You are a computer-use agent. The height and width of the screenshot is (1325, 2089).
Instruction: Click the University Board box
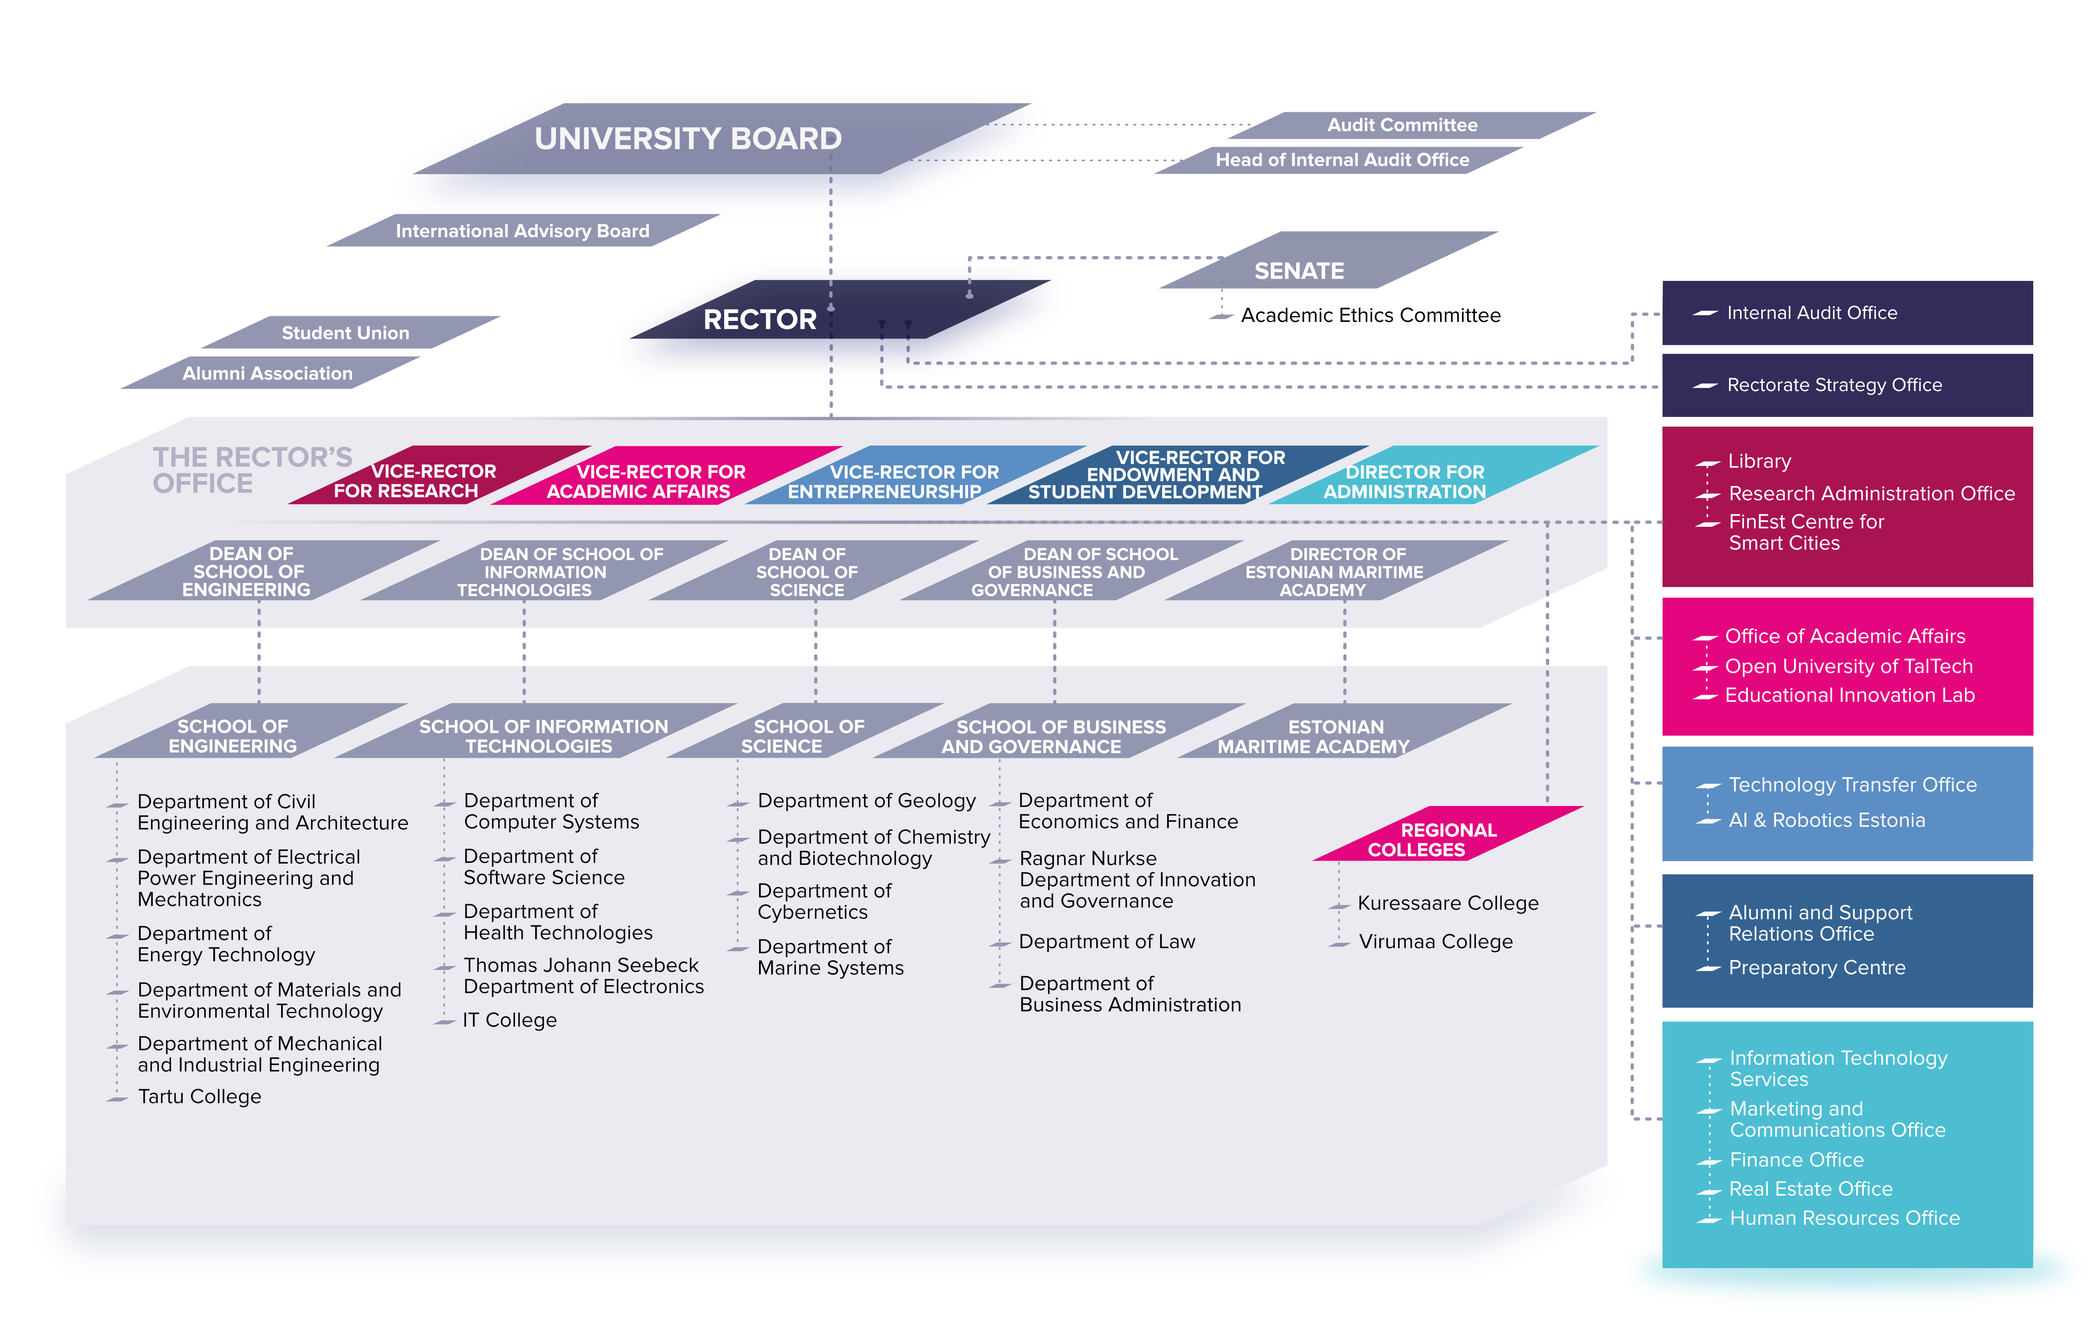click(x=722, y=139)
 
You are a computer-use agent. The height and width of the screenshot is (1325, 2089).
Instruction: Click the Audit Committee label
click(x=1402, y=125)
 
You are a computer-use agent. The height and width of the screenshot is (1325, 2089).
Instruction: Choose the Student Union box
click(x=351, y=332)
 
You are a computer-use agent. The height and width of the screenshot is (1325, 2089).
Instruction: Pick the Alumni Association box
click(x=270, y=373)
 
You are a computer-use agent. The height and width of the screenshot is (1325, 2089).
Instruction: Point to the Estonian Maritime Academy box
click(x=1344, y=731)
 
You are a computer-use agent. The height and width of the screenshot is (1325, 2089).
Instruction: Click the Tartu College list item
click(x=200, y=1097)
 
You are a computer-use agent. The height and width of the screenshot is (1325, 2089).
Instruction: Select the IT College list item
click(x=510, y=1021)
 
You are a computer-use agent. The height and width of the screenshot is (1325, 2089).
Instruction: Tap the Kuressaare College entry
click(x=1448, y=903)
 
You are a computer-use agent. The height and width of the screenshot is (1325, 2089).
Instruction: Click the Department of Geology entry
click(x=866, y=801)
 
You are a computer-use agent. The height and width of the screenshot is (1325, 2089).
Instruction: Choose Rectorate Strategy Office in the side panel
click(x=1834, y=385)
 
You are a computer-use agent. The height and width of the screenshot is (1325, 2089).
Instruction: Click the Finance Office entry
click(x=1797, y=1160)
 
